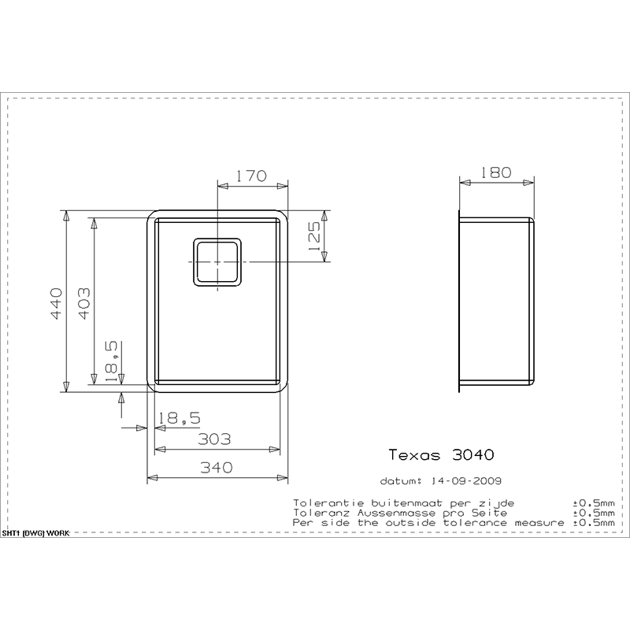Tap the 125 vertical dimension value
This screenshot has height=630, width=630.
coord(314,237)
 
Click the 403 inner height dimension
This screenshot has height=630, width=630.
coord(85,303)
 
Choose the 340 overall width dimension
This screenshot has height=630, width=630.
coord(214,467)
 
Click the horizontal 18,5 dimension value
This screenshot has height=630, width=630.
coord(177,419)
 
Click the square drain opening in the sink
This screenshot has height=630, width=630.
coord(216,262)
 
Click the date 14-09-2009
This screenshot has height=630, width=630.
coord(463,480)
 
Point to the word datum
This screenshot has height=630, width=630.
coord(399,480)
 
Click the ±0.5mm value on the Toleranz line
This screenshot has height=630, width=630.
coord(593,513)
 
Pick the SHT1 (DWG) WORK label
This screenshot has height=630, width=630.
coord(35,533)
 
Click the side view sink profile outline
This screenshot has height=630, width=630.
coord(498,302)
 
